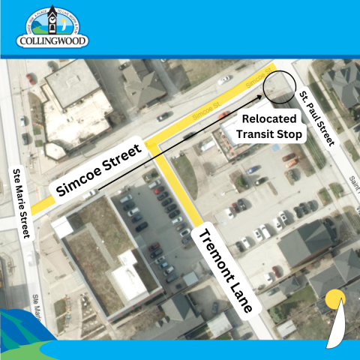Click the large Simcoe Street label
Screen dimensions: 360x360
(x=99, y=170)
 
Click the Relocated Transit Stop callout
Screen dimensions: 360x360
(x=269, y=127)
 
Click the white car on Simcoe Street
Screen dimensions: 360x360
(x=164, y=116)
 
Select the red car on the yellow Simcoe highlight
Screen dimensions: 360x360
(x=223, y=114)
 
